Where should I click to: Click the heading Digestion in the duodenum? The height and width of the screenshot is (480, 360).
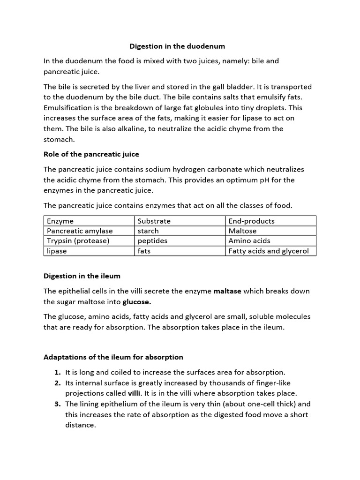(x=177, y=46)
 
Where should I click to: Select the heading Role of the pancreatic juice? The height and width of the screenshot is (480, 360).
(x=91, y=154)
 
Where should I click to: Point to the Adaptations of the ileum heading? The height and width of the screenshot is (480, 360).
(x=113, y=357)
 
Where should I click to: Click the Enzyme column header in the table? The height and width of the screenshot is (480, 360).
(x=60, y=221)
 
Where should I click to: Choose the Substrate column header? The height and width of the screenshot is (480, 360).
(x=154, y=221)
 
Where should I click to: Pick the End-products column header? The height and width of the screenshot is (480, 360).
(x=252, y=221)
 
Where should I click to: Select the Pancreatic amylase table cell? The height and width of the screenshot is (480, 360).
(x=80, y=231)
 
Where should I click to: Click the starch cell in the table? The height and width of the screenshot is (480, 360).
(x=148, y=231)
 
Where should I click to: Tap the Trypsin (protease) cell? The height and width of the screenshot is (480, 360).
(x=78, y=241)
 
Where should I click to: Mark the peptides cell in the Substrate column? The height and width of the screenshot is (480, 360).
(x=152, y=241)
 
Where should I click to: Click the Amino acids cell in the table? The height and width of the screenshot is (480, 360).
(x=249, y=241)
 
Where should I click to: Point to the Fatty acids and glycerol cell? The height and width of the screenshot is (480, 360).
(x=269, y=251)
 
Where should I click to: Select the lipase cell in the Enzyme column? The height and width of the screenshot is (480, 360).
(x=57, y=251)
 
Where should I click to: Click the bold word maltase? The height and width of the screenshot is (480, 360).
(x=227, y=291)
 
